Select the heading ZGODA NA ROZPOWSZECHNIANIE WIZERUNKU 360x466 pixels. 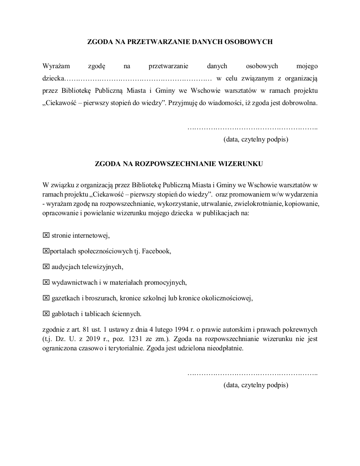coord(180,163)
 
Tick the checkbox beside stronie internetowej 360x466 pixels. coord(46,235)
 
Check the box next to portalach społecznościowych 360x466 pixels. coord(46,251)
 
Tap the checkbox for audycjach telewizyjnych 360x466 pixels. coord(46,266)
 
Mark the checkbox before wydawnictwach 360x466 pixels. coord(46,282)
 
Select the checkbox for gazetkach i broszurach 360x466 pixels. coord(46,298)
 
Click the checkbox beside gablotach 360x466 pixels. coord(46,313)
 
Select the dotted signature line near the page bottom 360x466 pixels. coord(252,374)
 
